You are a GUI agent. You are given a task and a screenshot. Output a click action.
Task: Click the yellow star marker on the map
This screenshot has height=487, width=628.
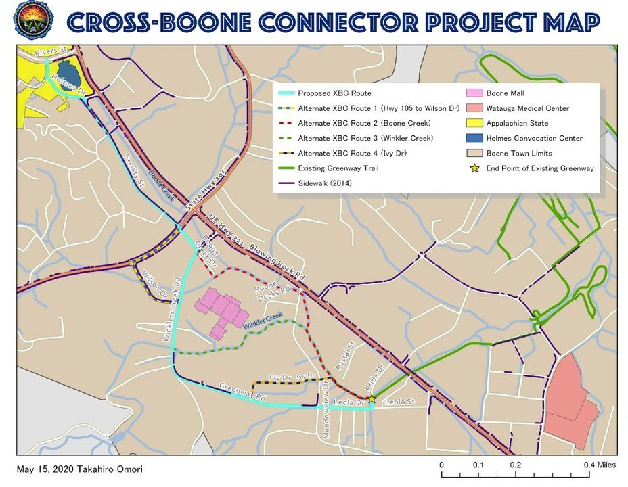(x=371, y=399)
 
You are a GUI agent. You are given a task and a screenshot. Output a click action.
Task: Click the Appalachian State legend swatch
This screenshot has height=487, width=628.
(x=474, y=123)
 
